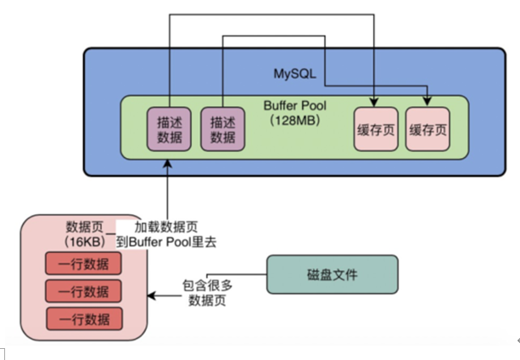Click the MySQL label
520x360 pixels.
point(295,74)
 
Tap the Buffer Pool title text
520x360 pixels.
point(295,106)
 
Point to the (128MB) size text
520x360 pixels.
point(295,120)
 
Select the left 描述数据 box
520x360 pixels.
point(169,129)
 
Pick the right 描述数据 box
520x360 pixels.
point(223,129)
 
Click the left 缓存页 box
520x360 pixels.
point(376,129)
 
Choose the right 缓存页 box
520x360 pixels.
point(428,129)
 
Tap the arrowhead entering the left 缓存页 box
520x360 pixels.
point(374,103)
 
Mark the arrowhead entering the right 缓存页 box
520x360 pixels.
point(428,102)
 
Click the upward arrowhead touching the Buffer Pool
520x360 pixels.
point(167,164)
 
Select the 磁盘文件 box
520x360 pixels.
point(333,274)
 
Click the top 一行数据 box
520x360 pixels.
point(83,263)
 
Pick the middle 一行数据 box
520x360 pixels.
point(83,291)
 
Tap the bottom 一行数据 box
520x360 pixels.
point(84,319)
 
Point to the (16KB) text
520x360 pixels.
point(85,241)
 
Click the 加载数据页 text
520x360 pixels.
point(165,228)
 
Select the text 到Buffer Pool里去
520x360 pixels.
point(166,242)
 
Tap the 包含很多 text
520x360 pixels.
point(207,285)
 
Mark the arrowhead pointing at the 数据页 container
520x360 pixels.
point(152,295)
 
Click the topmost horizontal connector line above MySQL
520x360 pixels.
point(271,14)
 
